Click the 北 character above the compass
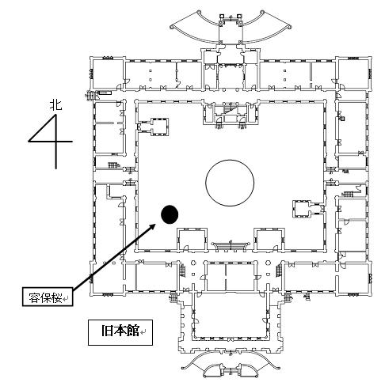pyautogui.click(x=55, y=105)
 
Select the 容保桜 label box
pyautogui.click(x=48, y=297)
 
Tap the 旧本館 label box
pyautogui.click(x=120, y=332)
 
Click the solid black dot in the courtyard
pyautogui.click(x=170, y=214)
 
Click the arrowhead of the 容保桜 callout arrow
pyautogui.click(x=152, y=227)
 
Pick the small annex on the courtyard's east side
pyautogui.click(x=307, y=208)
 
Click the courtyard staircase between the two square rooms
pyautogui.click(x=231, y=245)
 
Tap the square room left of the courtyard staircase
pyautogui.click(x=192, y=239)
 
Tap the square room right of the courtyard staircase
pyautogui.click(x=269, y=239)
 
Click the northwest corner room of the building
pyautogui.click(x=107, y=74)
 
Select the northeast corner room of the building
pyautogui.click(x=354, y=74)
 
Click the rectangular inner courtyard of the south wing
pyautogui.click(x=231, y=314)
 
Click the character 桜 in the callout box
pyautogui.click(x=56, y=299)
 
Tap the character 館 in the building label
pyautogui.click(x=133, y=331)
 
